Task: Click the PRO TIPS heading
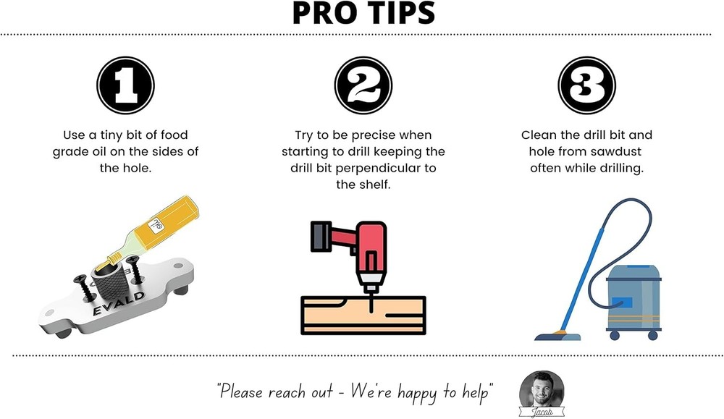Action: (x=363, y=13)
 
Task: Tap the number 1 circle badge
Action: (x=125, y=85)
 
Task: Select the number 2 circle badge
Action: (x=363, y=85)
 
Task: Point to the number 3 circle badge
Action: (x=587, y=85)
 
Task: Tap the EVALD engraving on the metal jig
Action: (x=119, y=303)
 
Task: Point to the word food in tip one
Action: (x=174, y=135)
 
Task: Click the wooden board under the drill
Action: (x=363, y=316)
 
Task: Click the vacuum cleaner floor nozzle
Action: (x=557, y=336)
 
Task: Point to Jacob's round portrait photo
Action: (x=542, y=390)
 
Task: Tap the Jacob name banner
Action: (x=542, y=412)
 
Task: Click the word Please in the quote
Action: (x=240, y=392)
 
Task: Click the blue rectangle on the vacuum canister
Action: (x=621, y=302)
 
